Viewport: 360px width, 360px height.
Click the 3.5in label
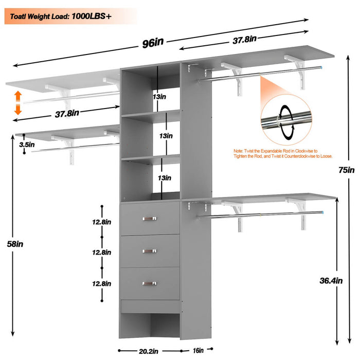click(27, 145)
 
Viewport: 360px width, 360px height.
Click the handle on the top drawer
click(150, 220)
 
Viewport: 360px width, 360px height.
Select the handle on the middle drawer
click(150, 250)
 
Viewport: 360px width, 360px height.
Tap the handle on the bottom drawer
click(150, 282)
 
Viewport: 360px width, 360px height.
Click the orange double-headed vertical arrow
click(17, 102)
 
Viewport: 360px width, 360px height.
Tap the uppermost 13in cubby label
click(159, 96)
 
